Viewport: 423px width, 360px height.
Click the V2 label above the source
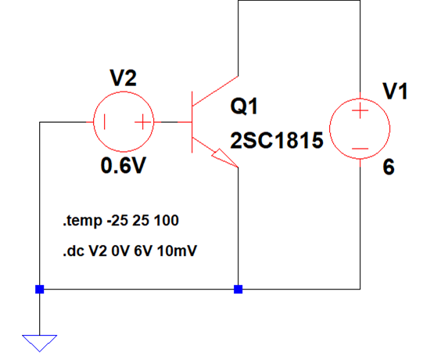pos(123,77)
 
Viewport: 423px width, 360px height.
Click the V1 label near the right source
pos(395,92)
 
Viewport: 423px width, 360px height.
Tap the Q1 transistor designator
pos(244,106)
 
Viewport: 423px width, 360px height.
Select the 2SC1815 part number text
pos(277,140)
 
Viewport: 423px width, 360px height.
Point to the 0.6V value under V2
pos(124,165)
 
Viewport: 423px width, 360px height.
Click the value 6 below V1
pos(389,167)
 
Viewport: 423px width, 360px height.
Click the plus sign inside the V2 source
pos(142,122)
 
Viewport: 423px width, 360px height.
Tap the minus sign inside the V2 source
pos(105,122)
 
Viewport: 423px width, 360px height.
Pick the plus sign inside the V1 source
pos(360,110)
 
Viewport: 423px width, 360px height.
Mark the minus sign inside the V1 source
pos(360,149)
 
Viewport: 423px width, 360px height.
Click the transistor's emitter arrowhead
pos(224,158)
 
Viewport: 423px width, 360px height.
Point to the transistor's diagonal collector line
pos(215,91)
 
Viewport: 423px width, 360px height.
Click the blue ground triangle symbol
pos(39,343)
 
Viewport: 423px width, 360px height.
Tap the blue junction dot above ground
pos(39,290)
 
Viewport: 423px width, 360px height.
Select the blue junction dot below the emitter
pos(238,290)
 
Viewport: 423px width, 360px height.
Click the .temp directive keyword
pos(83,221)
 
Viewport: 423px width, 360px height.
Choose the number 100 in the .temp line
pos(167,221)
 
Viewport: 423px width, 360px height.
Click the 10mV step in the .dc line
pos(177,251)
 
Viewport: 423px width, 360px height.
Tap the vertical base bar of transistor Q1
pos(192,122)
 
